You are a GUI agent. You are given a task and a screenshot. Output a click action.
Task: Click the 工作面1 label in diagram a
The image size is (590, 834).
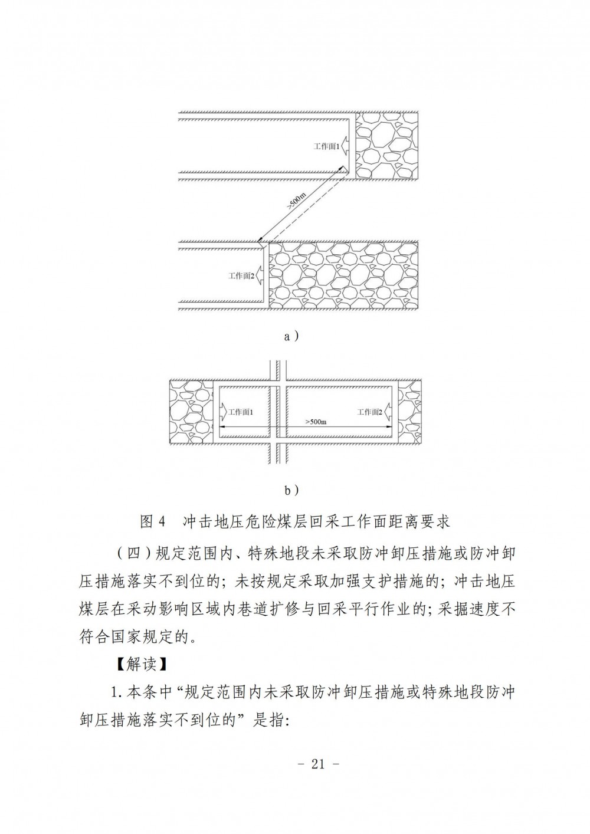click(326, 146)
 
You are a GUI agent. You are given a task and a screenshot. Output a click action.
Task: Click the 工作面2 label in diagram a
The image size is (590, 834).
click(241, 276)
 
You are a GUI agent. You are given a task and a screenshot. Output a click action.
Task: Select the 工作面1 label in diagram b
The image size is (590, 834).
click(241, 412)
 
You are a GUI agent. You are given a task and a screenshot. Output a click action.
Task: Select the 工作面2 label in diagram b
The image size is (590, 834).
click(369, 412)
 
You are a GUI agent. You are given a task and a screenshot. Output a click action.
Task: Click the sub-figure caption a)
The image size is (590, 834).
click(291, 337)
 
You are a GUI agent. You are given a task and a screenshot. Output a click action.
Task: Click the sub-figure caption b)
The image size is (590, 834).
click(291, 491)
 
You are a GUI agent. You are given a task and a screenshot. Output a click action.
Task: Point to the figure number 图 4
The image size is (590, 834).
click(152, 521)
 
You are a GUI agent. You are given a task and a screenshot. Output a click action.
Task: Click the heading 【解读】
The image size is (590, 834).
click(142, 664)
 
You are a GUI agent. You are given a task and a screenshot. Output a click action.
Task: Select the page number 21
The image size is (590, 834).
click(318, 764)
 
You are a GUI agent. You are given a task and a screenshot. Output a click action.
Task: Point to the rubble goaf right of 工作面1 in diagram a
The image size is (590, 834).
click(386, 146)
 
